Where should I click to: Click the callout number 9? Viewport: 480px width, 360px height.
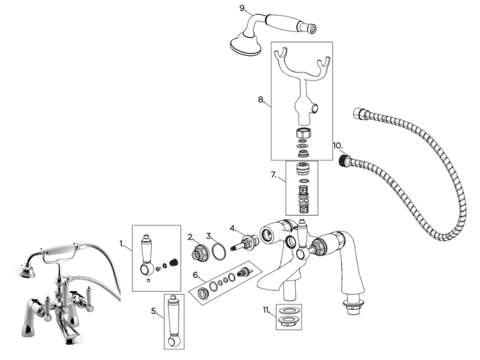242,8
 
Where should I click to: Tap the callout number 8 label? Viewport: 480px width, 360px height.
261,100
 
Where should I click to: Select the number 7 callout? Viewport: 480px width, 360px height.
274,175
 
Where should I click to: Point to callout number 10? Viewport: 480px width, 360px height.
338,145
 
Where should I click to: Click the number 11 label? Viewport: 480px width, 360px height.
266,310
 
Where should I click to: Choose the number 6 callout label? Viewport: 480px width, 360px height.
196,275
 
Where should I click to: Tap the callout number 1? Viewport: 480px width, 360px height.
122,244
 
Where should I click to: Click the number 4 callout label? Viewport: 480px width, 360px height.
233,228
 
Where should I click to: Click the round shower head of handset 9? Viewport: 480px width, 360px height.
245,45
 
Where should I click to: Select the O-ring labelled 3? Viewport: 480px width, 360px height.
219,251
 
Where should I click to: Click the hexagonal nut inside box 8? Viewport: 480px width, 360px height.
302,133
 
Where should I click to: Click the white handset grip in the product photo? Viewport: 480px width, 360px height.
59,250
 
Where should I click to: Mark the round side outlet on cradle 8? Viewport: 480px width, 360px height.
314,108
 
